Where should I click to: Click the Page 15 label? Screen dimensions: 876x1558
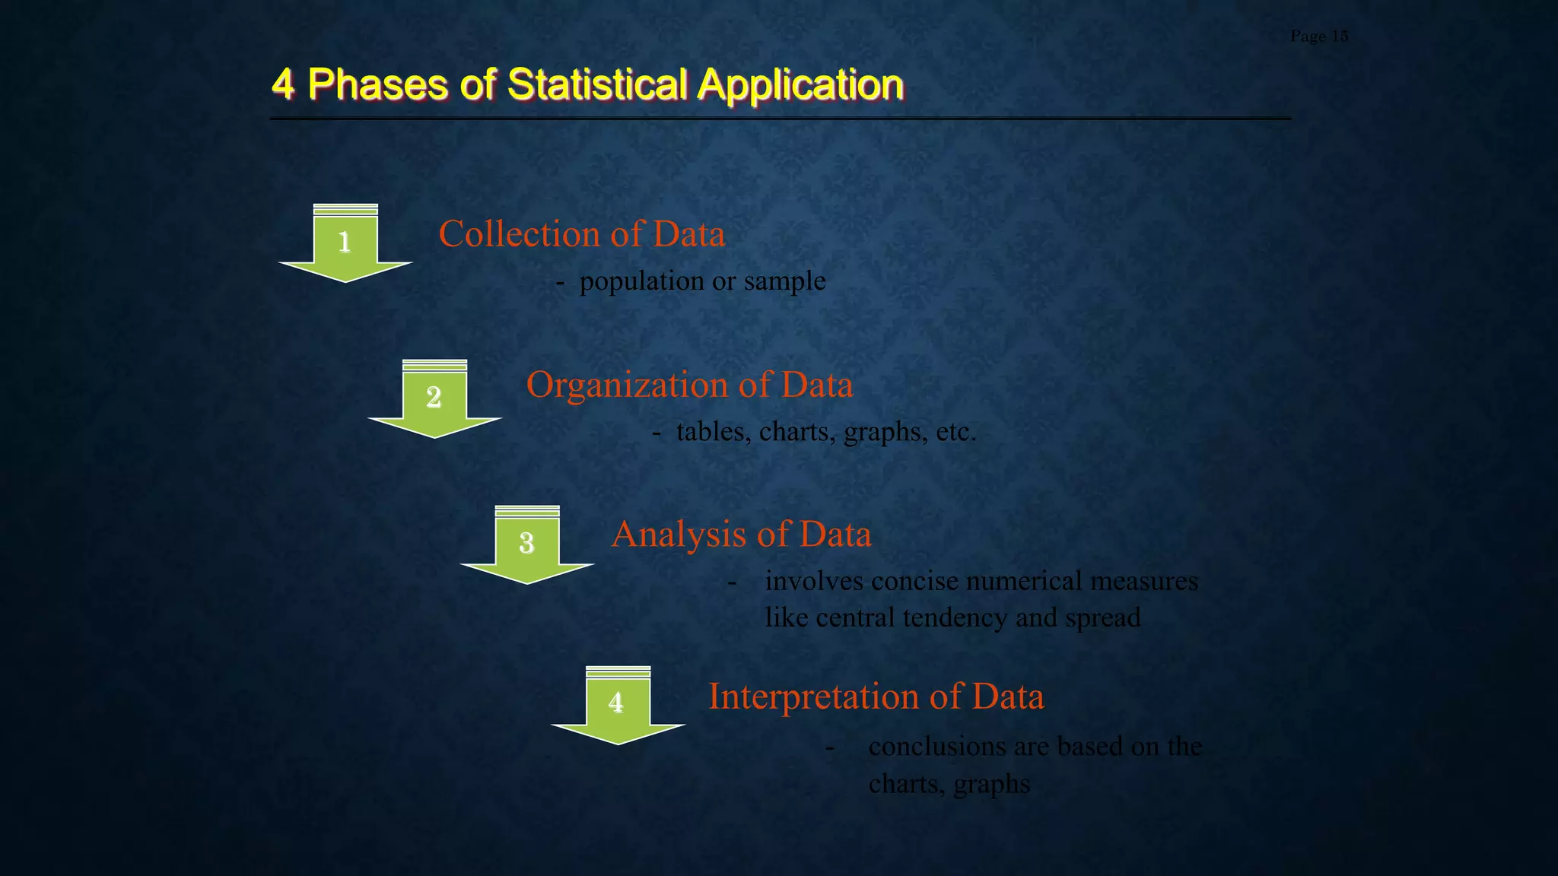[1318, 36]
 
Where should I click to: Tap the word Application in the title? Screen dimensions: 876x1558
[800, 85]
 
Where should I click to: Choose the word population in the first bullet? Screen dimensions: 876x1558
[641, 282]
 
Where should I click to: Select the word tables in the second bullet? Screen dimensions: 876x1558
[710, 433]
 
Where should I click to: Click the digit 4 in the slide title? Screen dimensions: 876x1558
[283, 84]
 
